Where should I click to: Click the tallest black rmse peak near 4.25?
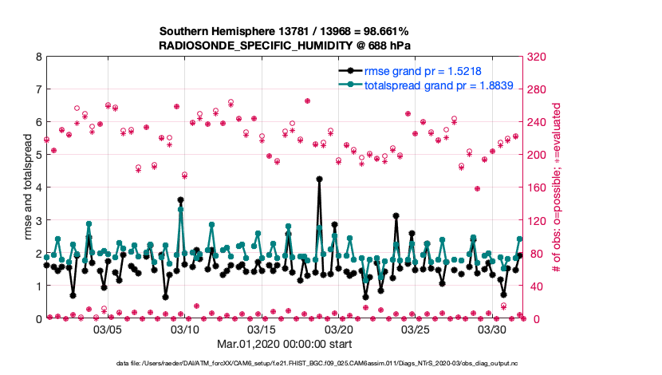pyautogui.click(x=319, y=180)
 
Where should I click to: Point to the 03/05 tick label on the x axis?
pyautogui.click(x=108, y=329)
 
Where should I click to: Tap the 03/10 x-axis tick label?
pyautogui.click(x=185, y=329)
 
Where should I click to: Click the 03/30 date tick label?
pyautogui.click(x=493, y=329)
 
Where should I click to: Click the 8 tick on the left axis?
pyautogui.click(x=38, y=57)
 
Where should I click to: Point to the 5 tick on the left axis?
pyautogui.click(x=38, y=155)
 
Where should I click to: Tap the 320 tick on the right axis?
pyautogui.click(x=538, y=57)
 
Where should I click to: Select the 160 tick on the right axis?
pyautogui.click(x=538, y=187)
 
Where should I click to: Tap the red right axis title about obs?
pyautogui.click(x=558, y=187)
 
